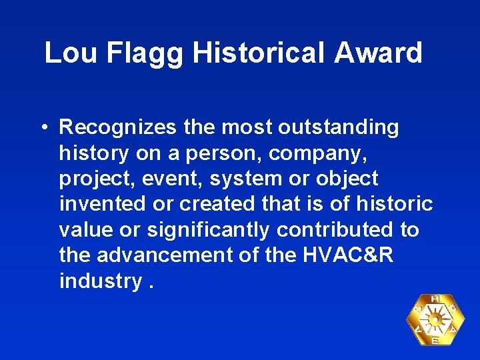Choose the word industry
coord(100,281)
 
